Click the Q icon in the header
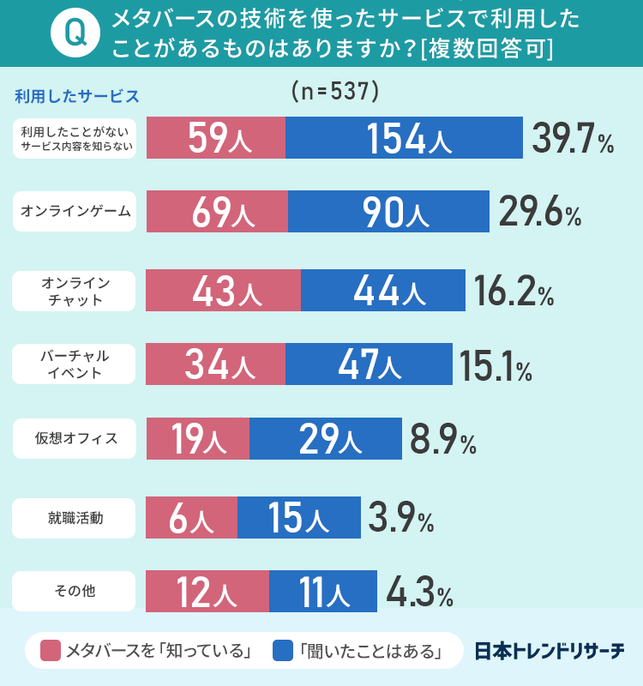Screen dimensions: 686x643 click(75, 33)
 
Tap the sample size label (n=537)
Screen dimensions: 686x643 click(335, 90)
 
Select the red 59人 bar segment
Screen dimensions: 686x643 click(216, 138)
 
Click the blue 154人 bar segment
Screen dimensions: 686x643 click(404, 138)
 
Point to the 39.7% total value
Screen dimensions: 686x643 click(572, 138)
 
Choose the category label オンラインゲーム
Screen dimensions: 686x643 click(75, 212)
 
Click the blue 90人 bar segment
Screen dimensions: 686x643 click(388, 212)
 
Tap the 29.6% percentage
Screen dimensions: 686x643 click(539, 212)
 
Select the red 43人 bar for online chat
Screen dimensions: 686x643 click(224, 291)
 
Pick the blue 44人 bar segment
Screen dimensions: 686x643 click(383, 291)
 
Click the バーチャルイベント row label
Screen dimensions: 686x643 click(75, 364)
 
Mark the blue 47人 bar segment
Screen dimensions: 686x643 click(369, 364)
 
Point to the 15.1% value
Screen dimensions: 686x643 click(495, 364)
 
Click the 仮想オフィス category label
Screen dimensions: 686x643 click(75, 439)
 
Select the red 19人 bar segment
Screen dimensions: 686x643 click(198, 439)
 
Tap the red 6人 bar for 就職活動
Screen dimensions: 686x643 click(192, 518)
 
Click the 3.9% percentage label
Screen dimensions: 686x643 click(400, 518)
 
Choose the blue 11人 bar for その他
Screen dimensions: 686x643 click(322, 591)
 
